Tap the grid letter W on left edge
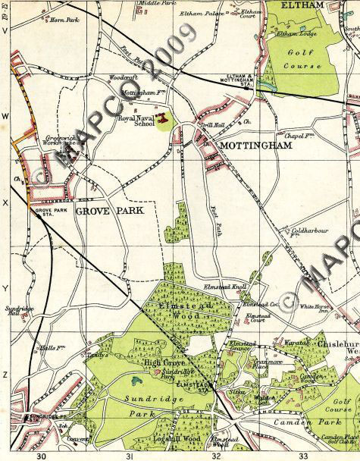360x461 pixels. (x=5, y=116)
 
